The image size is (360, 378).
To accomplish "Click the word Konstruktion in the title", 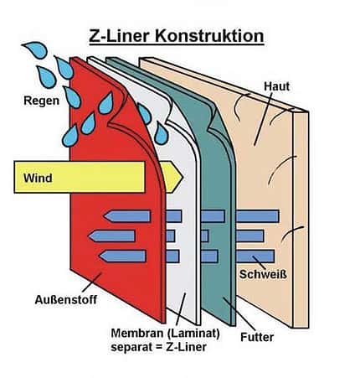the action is pos(208,36).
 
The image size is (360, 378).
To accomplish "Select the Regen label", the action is pos(42,101).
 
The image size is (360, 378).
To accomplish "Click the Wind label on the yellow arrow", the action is pos(38,178).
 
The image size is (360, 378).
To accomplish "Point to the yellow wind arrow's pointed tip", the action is pos(183,177).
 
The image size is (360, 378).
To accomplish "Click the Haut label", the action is pos(276,86).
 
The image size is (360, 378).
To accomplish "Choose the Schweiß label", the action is pos(263,274).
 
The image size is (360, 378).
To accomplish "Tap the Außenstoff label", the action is pos(66,300).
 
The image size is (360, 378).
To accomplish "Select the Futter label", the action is pos(257,337).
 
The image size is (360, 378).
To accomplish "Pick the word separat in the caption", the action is pos(129,347).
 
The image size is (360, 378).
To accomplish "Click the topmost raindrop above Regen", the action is pos(36,49).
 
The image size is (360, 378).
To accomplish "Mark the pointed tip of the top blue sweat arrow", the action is pos(105,216).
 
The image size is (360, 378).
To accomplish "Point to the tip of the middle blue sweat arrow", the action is pos(89,236).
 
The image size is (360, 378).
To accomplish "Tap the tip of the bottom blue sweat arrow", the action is pos(100,256).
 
